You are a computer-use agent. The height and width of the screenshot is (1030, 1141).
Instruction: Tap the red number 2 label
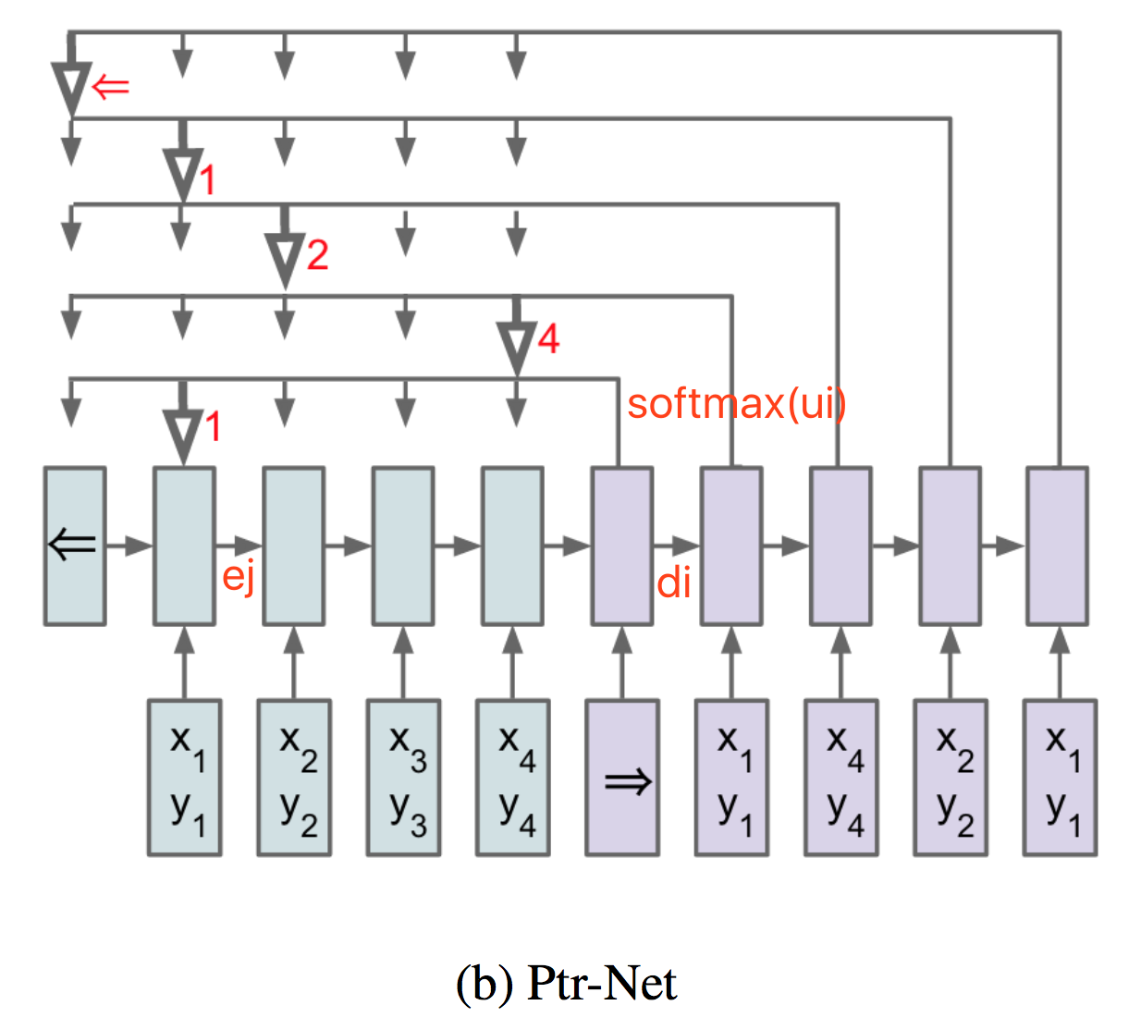(317, 254)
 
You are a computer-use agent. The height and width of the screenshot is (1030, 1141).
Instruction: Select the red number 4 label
(548, 339)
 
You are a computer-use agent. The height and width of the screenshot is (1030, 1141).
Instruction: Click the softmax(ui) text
(736, 404)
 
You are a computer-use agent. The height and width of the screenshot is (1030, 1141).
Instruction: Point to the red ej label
(239, 577)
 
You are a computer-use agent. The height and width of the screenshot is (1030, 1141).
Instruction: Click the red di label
(674, 583)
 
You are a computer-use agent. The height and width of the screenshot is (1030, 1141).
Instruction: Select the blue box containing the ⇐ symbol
(75, 546)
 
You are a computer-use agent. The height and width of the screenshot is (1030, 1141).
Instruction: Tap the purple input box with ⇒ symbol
(622, 778)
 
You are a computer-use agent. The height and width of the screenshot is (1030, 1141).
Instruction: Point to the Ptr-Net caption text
(566, 983)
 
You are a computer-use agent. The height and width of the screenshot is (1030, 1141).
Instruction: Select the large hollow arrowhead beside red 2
(285, 259)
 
